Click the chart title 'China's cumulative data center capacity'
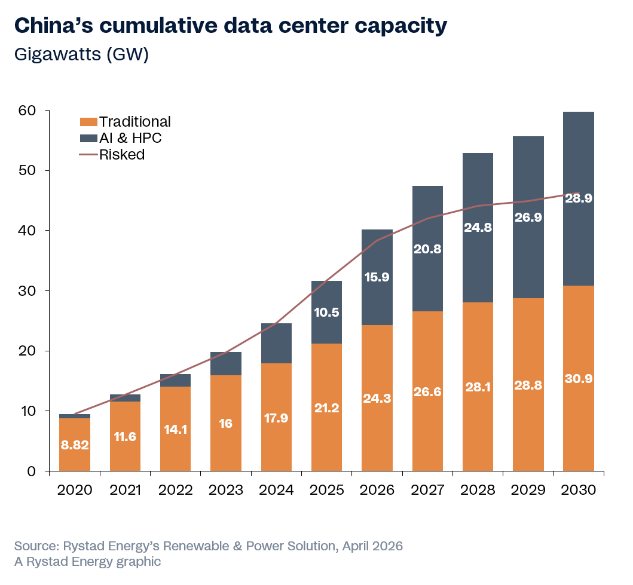click(230, 26)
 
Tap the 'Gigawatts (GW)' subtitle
click(81, 54)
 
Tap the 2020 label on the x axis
click(75, 491)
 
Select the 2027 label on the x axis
click(427, 491)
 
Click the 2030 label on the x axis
click(579, 491)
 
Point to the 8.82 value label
click(75, 445)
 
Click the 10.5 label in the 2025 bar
click(326, 313)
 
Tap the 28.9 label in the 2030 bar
click(579, 198)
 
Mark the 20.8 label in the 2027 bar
click(427, 250)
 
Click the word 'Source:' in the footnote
click(34, 546)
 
